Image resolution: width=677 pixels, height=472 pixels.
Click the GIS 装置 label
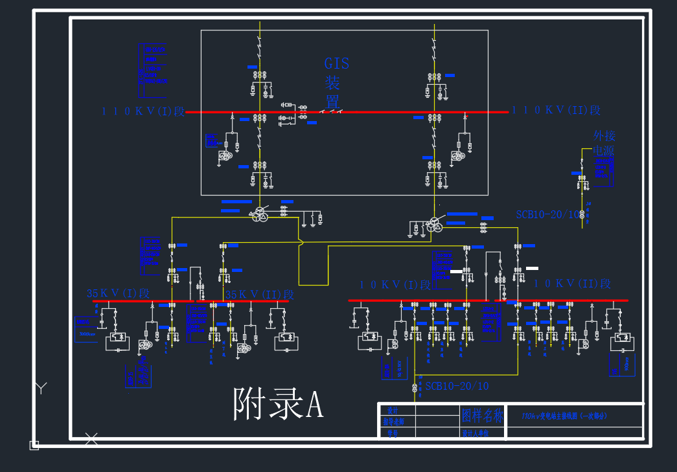336,82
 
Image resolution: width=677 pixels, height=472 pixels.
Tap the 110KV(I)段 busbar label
143,111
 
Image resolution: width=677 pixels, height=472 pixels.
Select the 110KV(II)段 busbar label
557,111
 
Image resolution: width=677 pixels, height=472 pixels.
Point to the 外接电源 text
604,143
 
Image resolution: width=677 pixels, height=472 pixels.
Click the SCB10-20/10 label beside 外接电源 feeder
547,214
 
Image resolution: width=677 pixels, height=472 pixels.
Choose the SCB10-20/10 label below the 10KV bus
457,386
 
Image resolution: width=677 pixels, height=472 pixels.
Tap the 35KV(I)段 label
119,293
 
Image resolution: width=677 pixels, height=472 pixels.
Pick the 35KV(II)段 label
260,295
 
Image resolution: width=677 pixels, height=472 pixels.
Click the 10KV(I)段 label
395,285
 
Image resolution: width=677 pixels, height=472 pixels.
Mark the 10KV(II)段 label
572,284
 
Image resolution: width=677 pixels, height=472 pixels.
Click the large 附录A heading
278,405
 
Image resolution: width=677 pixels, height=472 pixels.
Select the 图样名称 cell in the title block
482,415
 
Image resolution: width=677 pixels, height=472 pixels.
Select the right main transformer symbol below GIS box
433,225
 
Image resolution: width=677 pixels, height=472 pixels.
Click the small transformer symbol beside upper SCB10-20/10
582,214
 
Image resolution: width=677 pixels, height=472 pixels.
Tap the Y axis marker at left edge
41,388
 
